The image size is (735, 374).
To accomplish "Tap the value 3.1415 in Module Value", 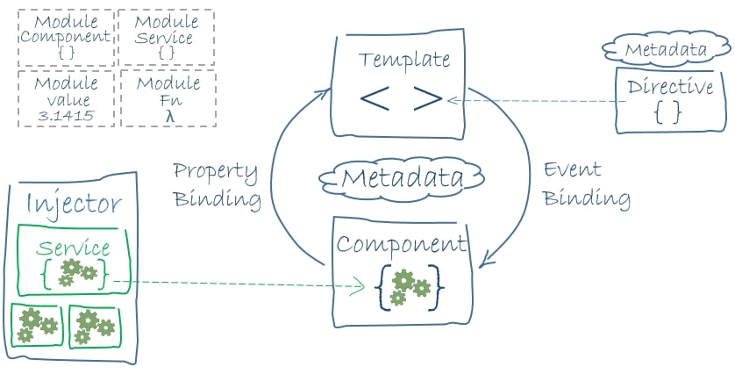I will [66, 114].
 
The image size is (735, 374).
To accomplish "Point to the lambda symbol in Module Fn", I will [168, 115].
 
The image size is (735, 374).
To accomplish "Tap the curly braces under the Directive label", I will [667, 112].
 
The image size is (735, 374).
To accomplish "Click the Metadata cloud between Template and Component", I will [402, 178].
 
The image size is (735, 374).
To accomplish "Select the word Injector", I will [75, 204].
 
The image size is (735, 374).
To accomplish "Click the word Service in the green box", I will [74, 248].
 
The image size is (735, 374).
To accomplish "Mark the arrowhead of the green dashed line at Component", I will [359, 285].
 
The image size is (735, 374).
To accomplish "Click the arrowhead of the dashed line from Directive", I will [453, 100].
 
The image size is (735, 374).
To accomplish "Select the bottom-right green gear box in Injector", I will [94, 325].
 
